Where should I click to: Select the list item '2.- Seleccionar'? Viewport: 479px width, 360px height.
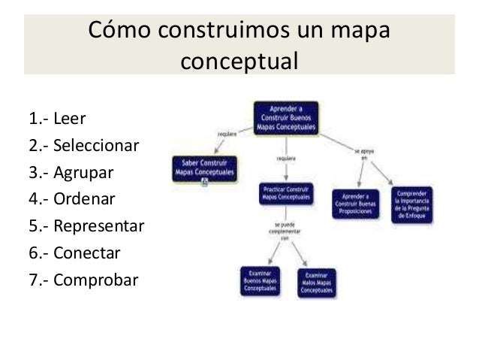[x=83, y=146]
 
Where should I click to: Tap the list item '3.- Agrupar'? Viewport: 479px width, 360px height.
[x=71, y=173]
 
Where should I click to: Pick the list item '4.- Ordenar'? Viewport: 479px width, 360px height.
[x=72, y=200]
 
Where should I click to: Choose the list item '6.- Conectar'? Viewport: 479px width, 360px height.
[x=74, y=253]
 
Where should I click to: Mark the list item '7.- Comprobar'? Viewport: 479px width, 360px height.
[x=83, y=280]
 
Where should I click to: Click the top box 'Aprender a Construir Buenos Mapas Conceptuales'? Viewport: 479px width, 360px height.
[x=286, y=118]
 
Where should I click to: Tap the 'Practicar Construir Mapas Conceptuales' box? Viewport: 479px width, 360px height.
[x=286, y=192]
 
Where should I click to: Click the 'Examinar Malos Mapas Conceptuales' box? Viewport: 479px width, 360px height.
[x=317, y=280]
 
